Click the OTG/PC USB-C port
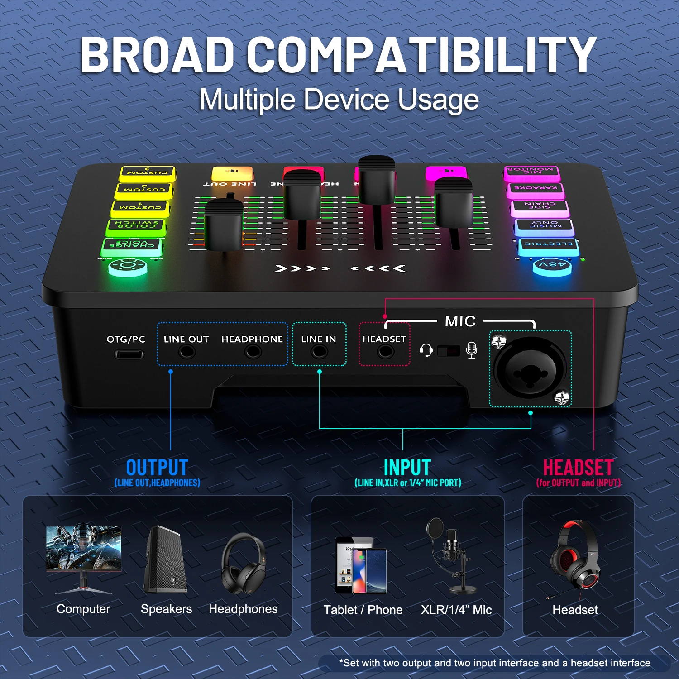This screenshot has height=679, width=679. pyautogui.click(x=129, y=354)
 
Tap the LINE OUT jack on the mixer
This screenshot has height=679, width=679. pyautogui.click(x=186, y=351)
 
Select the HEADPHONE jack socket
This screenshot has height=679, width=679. pyautogui.click(x=253, y=351)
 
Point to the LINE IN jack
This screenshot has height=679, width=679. pyautogui.click(x=319, y=351)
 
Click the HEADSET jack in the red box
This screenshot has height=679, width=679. pyautogui.click(x=385, y=351)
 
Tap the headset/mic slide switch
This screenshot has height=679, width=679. pyautogui.click(x=449, y=350)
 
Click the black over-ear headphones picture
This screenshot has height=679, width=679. pyautogui.click(x=243, y=564)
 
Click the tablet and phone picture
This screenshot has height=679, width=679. pyautogui.click(x=361, y=566)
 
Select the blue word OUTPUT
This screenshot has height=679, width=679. pyautogui.click(x=157, y=468)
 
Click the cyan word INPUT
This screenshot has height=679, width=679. pyautogui.click(x=407, y=468)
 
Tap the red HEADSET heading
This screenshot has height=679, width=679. pyautogui.click(x=578, y=468)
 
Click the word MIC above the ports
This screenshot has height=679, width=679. pyautogui.click(x=460, y=321)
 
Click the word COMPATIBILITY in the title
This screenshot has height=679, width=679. pyautogui.click(x=421, y=55)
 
